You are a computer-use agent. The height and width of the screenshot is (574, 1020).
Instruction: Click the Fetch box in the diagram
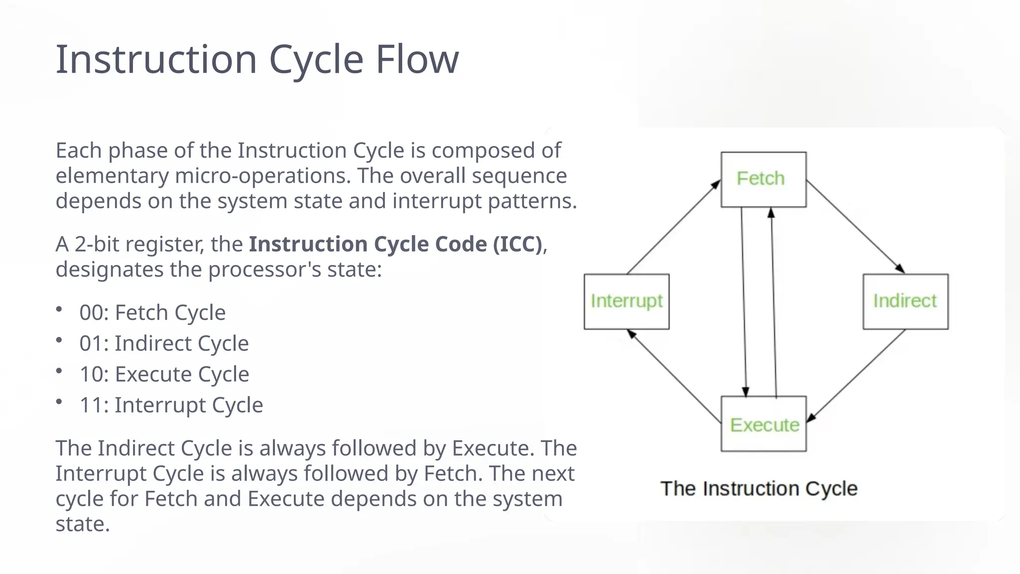[x=763, y=179]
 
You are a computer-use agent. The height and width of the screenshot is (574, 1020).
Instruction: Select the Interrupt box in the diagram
[x=626, y=301]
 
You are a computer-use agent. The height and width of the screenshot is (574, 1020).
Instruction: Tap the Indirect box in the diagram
[x=905, y=301]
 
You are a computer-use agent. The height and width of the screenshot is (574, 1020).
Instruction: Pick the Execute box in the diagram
[x=763, y=424]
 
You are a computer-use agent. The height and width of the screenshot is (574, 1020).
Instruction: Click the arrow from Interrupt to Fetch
[x=673, y=227]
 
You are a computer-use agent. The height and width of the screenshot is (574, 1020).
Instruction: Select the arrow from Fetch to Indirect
[x=855, y=227]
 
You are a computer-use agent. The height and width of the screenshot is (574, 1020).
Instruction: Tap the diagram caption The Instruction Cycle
[x=759, y=488]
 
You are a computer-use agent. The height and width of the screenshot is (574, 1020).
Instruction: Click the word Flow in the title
[x=416, y=60]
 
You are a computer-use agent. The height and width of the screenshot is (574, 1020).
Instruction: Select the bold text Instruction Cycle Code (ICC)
[x=395, y=244]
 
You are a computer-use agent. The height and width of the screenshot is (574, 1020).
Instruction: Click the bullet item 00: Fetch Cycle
[x=152, y=313]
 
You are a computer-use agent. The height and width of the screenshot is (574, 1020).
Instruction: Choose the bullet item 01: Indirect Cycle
[x=164, y=344]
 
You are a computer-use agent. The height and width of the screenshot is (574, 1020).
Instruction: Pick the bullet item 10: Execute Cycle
[x=164, y=374]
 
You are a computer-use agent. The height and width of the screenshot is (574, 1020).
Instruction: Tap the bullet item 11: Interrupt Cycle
[x=171, y=405]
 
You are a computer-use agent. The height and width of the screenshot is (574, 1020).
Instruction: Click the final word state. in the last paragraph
[x=82, y=524]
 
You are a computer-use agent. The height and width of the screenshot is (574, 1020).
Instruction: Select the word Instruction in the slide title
[x=156, y=60]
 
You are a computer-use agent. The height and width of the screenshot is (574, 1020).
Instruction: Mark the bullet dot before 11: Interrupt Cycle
[x=59, y=402]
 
